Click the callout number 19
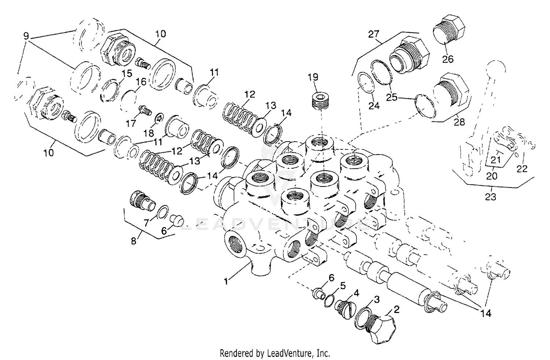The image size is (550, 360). (313, 77)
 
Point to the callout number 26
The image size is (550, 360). (448, 59)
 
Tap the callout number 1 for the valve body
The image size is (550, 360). (226, 281)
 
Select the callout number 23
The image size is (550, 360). (491, 197)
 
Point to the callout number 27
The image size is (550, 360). (374, 34)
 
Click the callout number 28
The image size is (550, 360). (459, 122)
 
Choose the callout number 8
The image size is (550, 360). (133, 241)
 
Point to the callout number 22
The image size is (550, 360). (522, 168)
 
